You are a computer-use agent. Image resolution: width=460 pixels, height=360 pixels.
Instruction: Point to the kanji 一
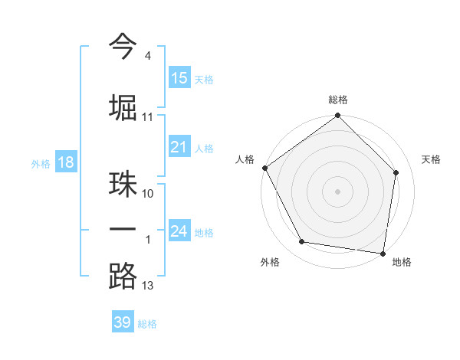tap(123, 230)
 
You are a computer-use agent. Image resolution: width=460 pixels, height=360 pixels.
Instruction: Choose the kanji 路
tap(123, 276)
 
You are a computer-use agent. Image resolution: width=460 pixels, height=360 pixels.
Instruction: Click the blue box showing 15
tap(179, 78)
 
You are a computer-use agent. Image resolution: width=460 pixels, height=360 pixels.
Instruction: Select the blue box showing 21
tap(179, 147)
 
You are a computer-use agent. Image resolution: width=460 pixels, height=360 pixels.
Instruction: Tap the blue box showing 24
tap(179, 231)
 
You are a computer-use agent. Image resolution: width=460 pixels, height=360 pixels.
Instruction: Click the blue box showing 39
tap(123, 322)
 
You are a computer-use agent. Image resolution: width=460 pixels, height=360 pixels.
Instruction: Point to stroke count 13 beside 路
tap(148, 286)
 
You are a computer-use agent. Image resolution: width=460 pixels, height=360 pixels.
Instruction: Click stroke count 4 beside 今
tap(147, 55)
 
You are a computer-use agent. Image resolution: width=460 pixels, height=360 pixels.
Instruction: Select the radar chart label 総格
tap(337, 100)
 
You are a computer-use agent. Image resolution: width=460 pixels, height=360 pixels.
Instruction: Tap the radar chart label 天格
tap(431, 159)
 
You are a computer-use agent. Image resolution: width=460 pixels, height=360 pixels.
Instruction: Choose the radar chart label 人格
tap(245, 159)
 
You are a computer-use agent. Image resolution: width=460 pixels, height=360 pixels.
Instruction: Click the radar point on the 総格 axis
tap(337, 116)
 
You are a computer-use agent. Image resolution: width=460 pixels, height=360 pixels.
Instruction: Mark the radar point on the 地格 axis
tap(383, 253)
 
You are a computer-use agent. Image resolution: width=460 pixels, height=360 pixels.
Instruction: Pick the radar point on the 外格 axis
tap(302, 242)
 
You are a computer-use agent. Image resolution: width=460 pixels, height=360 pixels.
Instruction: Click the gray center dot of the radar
tap(337, 191)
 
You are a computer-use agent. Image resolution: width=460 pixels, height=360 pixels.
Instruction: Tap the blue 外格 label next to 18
tap(40, 163)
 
